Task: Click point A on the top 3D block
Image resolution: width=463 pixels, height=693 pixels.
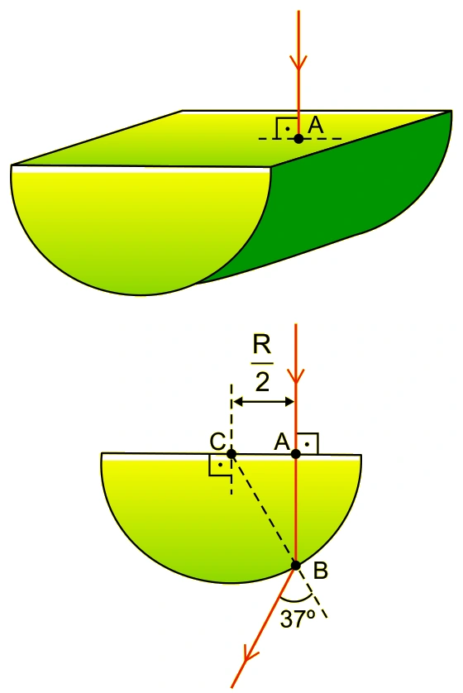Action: pos(298,139)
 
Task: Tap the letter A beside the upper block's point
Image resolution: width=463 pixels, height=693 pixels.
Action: pos(316,126)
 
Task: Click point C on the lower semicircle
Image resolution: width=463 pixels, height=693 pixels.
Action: pos(231,454)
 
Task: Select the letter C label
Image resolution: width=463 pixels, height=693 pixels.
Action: pos(217,442)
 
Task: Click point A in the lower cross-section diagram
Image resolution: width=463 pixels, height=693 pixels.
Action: pos(295,454)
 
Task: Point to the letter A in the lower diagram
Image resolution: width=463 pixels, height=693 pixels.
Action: pos(282,441)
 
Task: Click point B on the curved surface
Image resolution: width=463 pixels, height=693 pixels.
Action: pos(295,566)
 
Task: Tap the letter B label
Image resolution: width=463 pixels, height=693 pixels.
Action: pos(320,571)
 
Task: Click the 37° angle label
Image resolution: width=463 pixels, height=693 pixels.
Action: pos(298,619)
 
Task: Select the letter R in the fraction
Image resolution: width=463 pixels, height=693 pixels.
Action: pos(261,346)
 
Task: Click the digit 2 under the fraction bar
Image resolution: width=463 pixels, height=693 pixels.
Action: pos(262,382)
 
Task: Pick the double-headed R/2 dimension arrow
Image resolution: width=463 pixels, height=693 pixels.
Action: pos(263,402)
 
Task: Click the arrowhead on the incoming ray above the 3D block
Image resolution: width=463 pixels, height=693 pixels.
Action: pos(298,63)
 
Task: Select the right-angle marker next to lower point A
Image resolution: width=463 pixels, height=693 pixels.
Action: pos(308,443)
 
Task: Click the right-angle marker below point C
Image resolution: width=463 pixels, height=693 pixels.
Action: pos(220,466)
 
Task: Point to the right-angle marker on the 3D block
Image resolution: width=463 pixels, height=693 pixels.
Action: pos(287,128)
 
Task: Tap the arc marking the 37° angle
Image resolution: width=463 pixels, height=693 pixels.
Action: pos(297,601)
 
